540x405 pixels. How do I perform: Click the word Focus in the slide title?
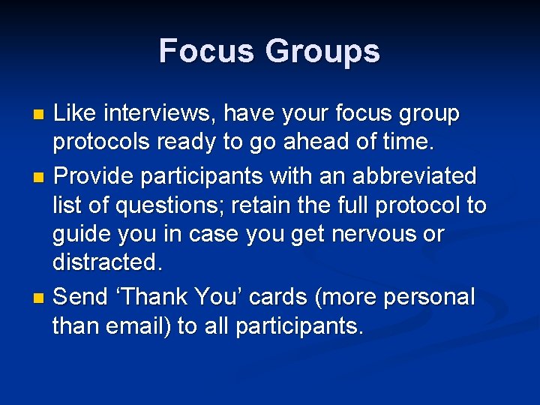click(206, 51)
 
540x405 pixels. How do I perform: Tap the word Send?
click(81, 297)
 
